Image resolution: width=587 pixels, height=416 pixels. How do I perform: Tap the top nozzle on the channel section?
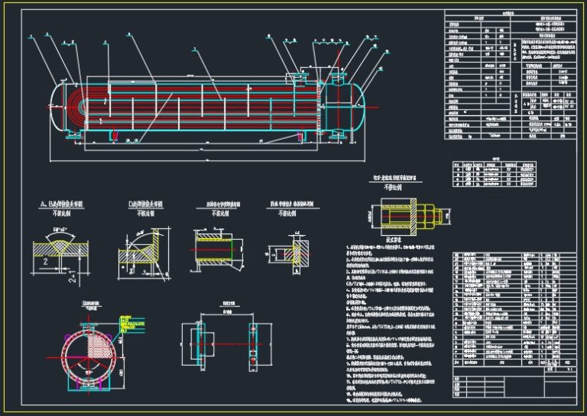tap(338, 73)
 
